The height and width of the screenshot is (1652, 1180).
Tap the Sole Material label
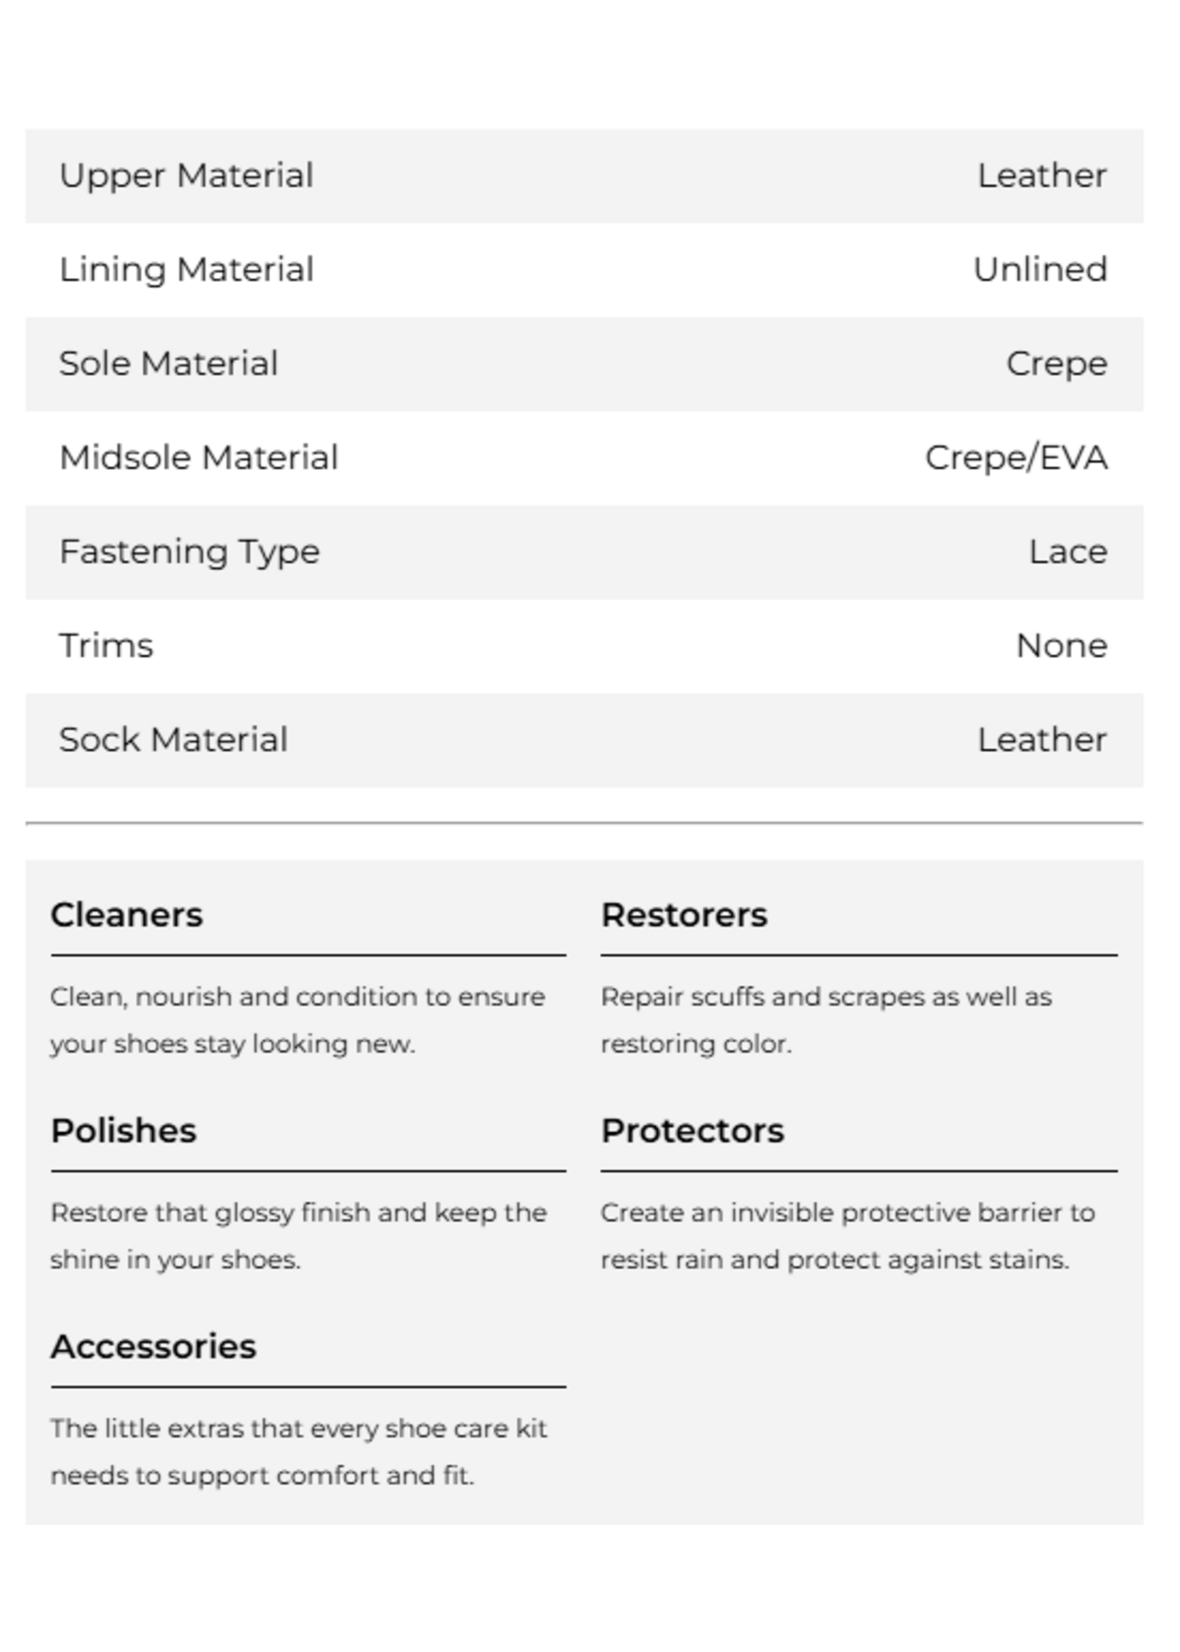[x=169, y=364]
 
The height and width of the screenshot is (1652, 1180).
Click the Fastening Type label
[x=189, y=552]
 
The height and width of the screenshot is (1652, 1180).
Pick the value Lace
[x=1067, y=552]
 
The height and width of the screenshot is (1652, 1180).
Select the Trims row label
[x=106, y=646]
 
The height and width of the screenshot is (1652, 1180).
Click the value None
[x=1061, y=646]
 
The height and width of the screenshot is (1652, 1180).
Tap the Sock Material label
[x=173, y=740]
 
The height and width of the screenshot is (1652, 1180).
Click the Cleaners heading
[x=126, y=915]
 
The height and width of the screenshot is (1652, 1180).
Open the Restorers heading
[x=684, y=915]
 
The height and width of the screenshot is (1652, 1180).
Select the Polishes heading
[x=124, y=1131]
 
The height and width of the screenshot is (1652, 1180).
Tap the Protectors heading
[x=692, y=1131]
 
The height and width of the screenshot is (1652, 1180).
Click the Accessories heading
[x=154, y=1346]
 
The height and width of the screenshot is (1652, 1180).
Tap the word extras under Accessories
[x=207, y=1428]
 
